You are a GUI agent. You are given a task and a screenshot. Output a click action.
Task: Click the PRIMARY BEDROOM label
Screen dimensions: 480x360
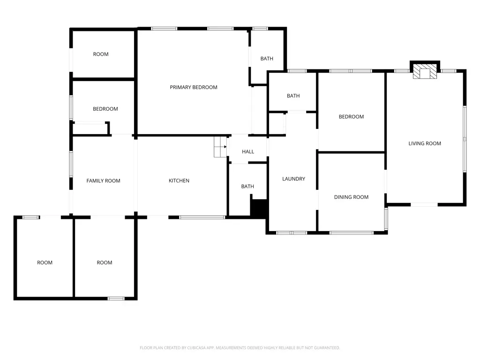pos(194,87)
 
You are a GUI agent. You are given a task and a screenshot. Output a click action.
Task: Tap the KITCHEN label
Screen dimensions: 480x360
pos(179,180)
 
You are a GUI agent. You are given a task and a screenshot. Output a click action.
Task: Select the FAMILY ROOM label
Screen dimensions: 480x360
pos(103,180)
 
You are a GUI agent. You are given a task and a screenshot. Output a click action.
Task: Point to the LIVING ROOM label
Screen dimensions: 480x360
pos(425,143)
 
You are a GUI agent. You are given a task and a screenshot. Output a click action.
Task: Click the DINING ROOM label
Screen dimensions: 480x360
pos(351,197)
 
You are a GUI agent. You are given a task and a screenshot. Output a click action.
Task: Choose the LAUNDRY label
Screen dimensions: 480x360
pos(293,179)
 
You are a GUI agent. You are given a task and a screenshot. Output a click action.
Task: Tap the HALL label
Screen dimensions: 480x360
pos(248,151)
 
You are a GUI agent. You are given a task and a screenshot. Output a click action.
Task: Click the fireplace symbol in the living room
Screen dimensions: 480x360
pos(425,71)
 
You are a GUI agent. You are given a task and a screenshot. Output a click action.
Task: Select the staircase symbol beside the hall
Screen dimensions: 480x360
pos(220,147)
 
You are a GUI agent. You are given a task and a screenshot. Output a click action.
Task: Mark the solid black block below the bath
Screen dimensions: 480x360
pos(259,209)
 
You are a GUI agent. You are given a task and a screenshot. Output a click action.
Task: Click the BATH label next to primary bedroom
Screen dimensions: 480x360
pos(267,59)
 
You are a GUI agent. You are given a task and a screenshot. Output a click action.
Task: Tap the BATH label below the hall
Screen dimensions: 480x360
pos(247,187)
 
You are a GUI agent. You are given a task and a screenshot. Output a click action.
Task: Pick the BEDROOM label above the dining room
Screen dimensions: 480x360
pos(351,117)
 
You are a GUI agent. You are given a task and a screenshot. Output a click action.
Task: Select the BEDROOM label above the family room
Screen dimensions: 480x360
pos(105,109)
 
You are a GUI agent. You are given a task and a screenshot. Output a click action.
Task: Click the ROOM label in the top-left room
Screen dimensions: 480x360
pos(101,54)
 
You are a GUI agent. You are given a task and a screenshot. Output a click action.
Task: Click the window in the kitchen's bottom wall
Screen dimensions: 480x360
pos(202,217)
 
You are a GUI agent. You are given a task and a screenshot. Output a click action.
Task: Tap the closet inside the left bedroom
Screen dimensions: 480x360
pos(90,128)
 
